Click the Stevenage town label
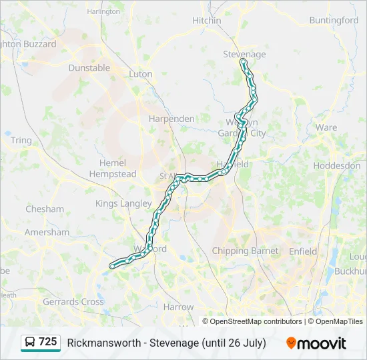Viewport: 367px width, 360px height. click(x=244, y=54)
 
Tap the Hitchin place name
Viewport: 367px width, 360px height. click(x=206, y=21)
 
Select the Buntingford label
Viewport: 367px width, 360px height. click(x=334, y=21)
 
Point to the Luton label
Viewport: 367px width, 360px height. click(x=141, y=74)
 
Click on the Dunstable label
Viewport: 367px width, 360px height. click(x=89, y=67)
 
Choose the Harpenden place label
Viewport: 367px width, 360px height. click(x=171, y=119)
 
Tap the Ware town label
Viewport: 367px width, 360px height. click(x=326, y=127)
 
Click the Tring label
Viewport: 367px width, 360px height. click(x=21, y=141)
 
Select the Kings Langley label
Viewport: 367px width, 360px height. click(x=123, y=203)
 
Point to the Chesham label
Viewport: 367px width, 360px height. click(x=45, y=209)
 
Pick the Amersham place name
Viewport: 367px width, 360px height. click(x=47, y=233)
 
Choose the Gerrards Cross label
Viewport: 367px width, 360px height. click(x=73, y=301)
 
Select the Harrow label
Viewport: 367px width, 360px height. click(x=178, y=307)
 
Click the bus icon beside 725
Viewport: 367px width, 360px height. click(x=30, y=343)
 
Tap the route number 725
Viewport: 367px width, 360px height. click(x=48, y=342)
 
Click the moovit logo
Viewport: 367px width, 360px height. click(x=316, y=343)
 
